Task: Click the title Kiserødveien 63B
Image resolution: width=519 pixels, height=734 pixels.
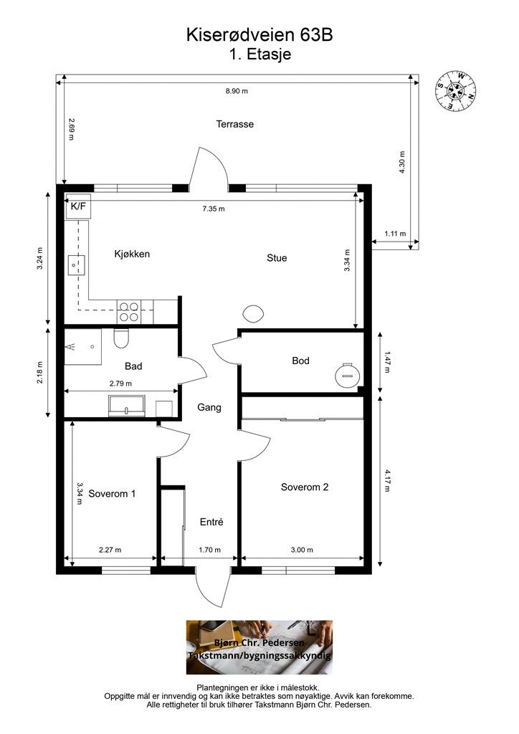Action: tap(259, 34)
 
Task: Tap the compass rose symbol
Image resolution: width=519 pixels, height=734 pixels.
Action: tap(454, 90)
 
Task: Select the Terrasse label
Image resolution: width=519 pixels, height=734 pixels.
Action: tap(235, 124)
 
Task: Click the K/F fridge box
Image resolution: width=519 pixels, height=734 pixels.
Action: tap(78, 206)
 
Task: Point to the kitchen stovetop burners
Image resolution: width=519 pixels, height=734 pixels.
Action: tap(129, 312)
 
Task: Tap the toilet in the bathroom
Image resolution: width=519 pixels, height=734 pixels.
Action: tap(120, 337)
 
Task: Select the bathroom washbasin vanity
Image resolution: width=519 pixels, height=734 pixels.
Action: tap(126, 406)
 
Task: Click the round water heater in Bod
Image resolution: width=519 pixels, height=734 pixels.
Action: tap(348, 374)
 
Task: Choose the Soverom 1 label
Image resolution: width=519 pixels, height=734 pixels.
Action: tap(113, 494)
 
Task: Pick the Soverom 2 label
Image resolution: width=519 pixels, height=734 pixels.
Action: tap(304, 487)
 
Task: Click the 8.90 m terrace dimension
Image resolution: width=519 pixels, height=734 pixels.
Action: tap(236, 91)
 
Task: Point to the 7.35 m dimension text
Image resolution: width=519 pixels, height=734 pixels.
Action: tap(213, 209)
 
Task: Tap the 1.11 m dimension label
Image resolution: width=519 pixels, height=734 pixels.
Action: tap(395, 234)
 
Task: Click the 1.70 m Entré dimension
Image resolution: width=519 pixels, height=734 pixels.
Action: tap(209, 550)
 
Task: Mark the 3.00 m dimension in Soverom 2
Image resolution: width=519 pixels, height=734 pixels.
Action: tap(302, 550)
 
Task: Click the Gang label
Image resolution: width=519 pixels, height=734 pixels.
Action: tap(209, 407)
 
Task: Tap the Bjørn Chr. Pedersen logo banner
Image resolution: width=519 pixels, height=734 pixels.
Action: tap(259, 647)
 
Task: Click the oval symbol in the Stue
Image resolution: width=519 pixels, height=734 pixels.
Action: tap(253, 313)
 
